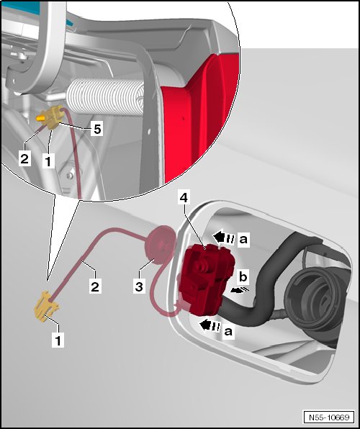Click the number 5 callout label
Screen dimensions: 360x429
pos(97,129)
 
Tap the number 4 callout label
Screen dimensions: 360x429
pos(184,197)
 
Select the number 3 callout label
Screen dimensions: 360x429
pos(139,286)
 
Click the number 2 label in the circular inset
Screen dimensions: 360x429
pos(24,158)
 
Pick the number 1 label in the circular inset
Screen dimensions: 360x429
pos(48,161)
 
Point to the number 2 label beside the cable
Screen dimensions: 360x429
pos(95,286)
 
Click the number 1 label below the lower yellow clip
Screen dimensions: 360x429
pos(58,341)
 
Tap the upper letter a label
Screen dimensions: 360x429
pos(243,239)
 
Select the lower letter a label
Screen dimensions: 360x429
pos(228,331)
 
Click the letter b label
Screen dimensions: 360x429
pos(243,276)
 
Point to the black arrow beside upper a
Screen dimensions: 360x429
pos(224,238)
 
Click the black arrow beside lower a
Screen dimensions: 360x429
pos(210,325)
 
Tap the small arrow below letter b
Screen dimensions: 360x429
pos(240,290)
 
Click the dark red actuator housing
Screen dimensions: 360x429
pos(206,279)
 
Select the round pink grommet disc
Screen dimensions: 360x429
pos(160,245)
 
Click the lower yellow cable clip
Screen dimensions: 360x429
pos(45,307)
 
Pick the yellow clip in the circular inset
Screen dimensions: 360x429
pos(52,117)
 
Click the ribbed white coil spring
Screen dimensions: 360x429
pos(105,96)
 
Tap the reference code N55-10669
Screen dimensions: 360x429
pos(329,417)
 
